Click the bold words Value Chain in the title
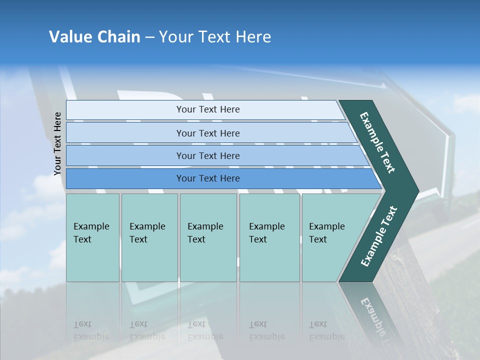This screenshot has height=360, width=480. (x=94, y=37)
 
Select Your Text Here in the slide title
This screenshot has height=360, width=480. (x=215, y=37)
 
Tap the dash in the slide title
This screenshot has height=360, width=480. (x=149, y=37)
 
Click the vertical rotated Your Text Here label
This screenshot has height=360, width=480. (x=57, y=143)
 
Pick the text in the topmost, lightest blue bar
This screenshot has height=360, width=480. (x=208, y=109)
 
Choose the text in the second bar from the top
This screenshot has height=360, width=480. (x=208, y=133)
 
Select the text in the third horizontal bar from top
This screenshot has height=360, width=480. (x=208, y=155)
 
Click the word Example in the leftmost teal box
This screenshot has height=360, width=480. (x=91, y=226)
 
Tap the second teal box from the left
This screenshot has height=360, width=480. (x=149, y=237)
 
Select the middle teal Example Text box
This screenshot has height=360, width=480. (x=208, y=237)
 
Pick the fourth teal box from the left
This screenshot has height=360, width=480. (x=269, y=237)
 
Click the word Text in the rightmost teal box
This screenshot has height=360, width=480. (x=317, y=239)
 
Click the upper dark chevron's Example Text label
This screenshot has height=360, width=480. (x=377, y=142)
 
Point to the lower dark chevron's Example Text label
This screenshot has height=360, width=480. (x=379, y=236)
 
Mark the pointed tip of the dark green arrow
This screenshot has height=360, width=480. (x=418, y=190)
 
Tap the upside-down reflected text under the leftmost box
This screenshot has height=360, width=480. (x=91, y=330)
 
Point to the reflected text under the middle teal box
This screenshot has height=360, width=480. (x=205, y=330)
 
